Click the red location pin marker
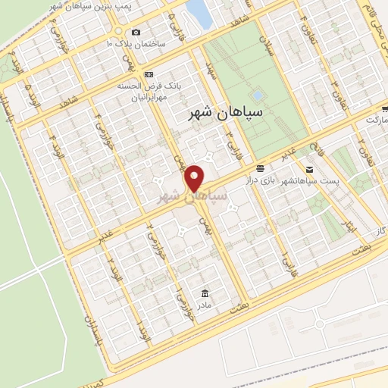(x=195, y=179)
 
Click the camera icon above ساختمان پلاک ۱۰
(x=136, y=32)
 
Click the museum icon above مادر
(x=205, y=293)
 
